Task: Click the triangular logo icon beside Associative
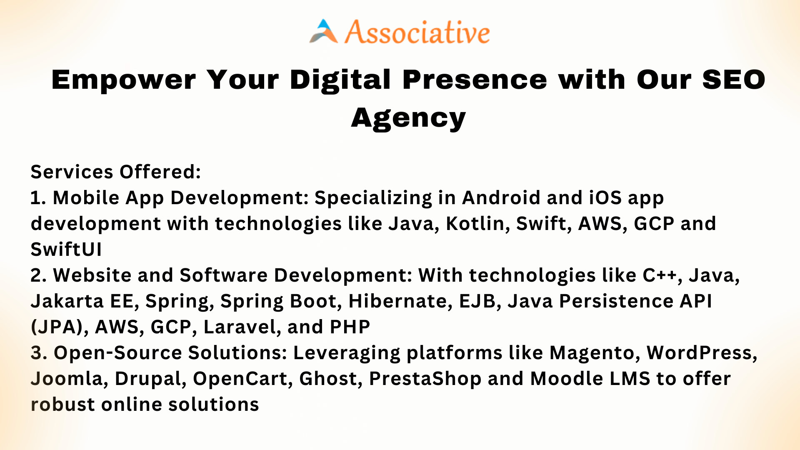click(324, 31)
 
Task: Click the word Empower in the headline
click(123, 80)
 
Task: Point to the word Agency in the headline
click(408, 118)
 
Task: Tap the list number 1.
click(38, 197)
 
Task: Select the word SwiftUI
click(66, 249)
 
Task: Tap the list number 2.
click(39, 275)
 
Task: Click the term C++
click(662, 275)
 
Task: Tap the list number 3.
click(39, 352)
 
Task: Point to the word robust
click(62, 404)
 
